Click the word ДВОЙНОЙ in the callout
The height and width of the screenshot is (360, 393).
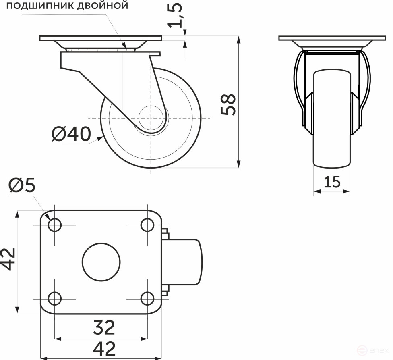pyautogui.click(x=104, y=6)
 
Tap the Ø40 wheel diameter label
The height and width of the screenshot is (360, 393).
pyautogui.click(x=71, y=134)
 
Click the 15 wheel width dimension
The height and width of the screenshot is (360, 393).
pyautogui.click(x=332, y=182)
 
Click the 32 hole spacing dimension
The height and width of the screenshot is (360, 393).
pyautogui.click(x=104, y=327)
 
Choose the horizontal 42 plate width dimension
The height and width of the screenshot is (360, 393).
pyautogui.click(x=104, y=348)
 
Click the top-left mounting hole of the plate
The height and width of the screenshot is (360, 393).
pyautogui.click(x=54, y=225)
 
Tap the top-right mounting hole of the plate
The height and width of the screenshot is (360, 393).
pyautogui.click(x=147, y=225)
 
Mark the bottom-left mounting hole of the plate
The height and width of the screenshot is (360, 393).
pyautogui.click(x=54, y=299)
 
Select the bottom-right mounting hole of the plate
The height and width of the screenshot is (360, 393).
pyautogui.click(x=147, y=299)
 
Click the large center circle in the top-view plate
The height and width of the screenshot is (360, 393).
pyautogui.click(x=101, y=262)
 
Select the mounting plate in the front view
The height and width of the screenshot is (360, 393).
pyautogui.click(x=332, y=38)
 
